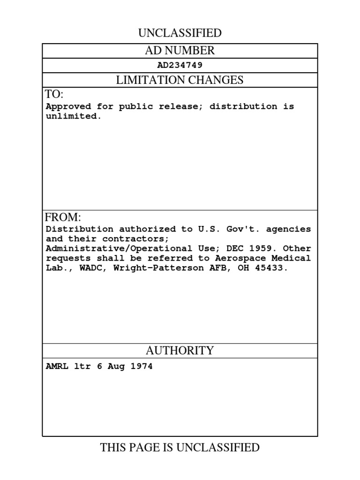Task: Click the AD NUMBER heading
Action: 180,51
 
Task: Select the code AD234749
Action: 180,65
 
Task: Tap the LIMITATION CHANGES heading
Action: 180,80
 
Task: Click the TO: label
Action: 54,95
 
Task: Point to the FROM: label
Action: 63,217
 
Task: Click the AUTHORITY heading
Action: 180,351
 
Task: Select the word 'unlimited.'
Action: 74,116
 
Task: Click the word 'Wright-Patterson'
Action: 160,268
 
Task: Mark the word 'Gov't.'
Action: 241,229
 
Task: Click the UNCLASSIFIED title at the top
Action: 180,33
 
